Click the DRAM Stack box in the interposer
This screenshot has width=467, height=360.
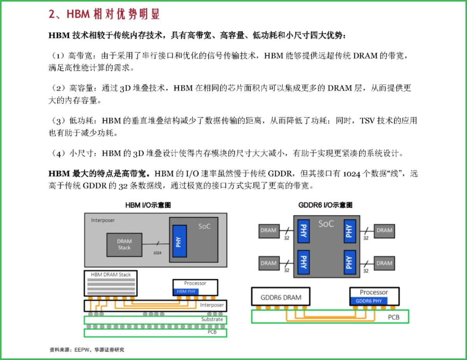point(124,245)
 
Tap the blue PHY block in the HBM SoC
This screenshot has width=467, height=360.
point(179,241)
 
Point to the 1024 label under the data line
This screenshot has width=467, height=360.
point(157,253)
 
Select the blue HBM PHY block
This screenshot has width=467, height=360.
point(186,292)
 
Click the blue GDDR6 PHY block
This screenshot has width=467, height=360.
point(369,301)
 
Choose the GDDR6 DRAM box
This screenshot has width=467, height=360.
point(281,297)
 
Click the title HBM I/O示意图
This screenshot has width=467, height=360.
point(148,205)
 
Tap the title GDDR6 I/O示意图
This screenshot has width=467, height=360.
point(325,205)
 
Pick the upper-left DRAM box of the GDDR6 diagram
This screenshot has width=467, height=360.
point(269,231)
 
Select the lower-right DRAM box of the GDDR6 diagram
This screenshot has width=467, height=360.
point(384,263)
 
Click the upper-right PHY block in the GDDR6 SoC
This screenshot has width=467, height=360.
point(349,231)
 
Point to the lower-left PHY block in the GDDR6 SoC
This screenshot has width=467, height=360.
point(304,262)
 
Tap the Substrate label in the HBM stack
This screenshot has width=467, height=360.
point(212,319)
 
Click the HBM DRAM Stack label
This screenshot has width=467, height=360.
point(111,274)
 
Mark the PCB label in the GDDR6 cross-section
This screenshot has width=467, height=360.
point(393,317)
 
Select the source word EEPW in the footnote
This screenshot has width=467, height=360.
point(81,350)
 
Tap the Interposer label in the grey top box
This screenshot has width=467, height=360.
point(103,220)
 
